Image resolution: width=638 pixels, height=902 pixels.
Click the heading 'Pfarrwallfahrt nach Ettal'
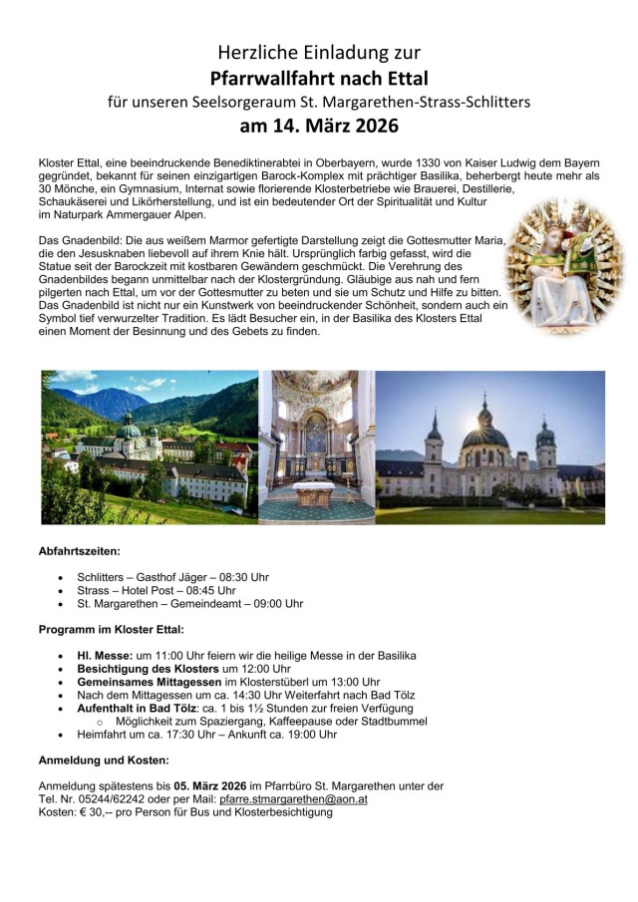point(319,78)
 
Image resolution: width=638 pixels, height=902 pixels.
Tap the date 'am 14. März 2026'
point(319,127)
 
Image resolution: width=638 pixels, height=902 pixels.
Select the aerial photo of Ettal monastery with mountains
point(149,448)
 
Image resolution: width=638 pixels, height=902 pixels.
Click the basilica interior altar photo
point(316,448)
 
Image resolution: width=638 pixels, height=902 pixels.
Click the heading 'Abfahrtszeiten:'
point(80,551)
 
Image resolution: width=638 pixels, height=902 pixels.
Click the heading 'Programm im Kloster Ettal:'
point(112,629)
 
